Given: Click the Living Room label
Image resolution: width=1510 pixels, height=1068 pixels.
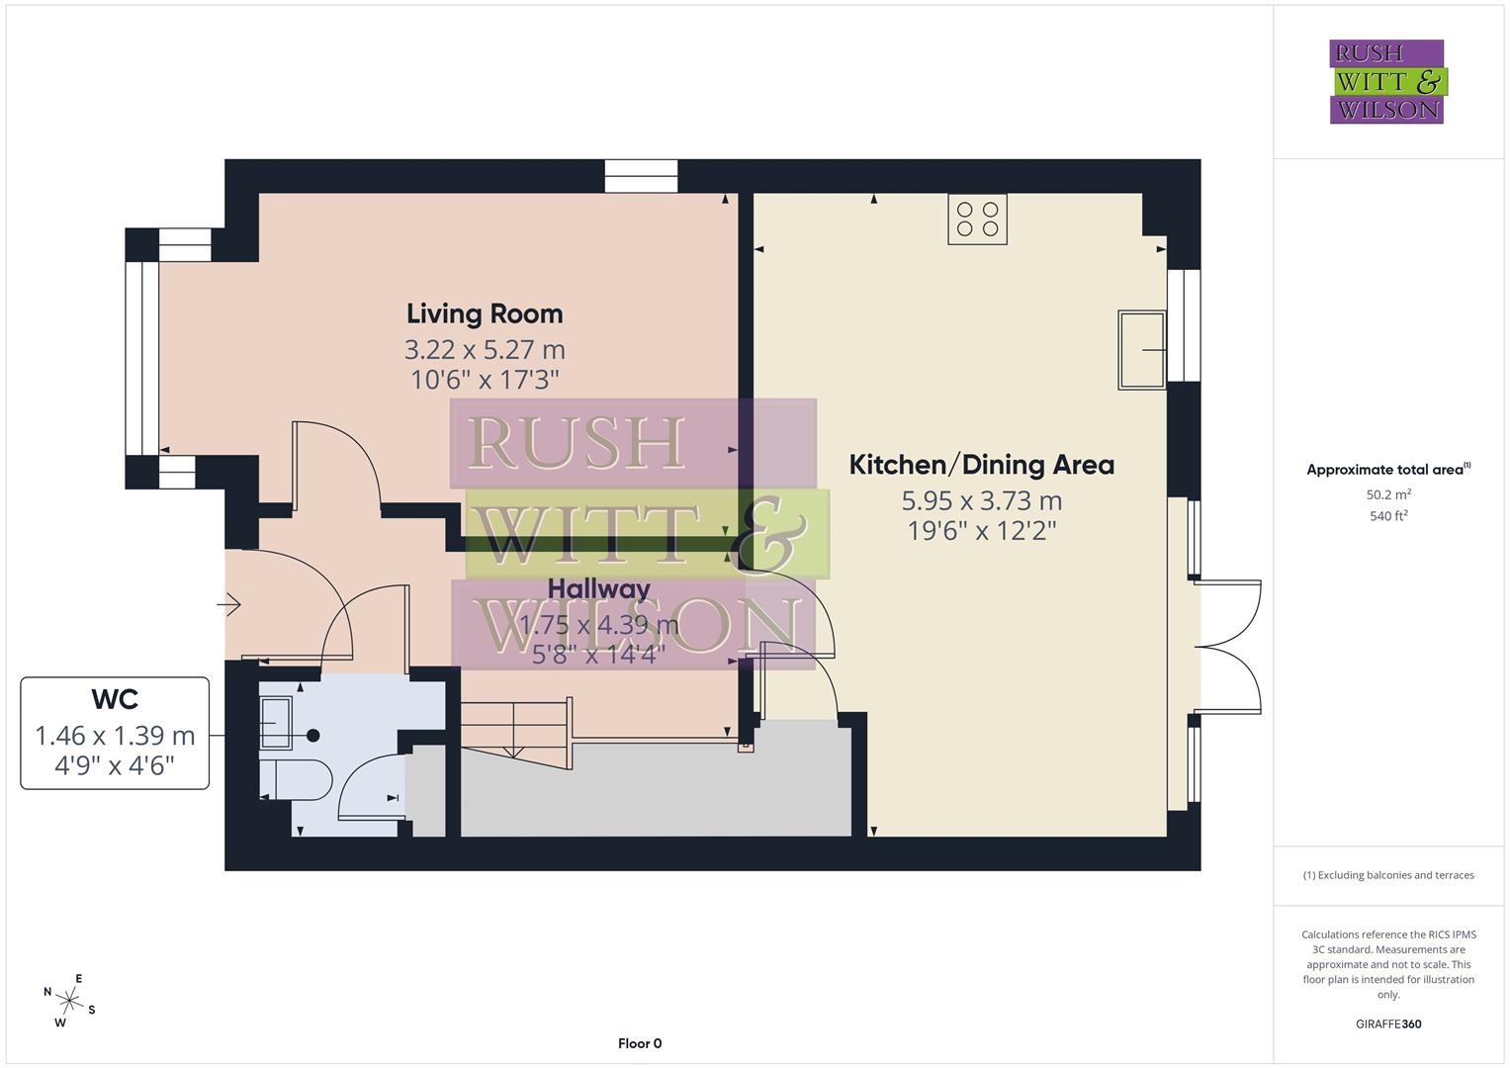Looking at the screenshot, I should pyautogui.click(x=485, y=314).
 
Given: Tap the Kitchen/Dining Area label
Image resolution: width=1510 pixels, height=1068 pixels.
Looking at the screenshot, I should pyautogui.click(x=981, y=465).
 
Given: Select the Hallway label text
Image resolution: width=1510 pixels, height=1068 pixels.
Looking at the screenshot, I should pyautogui.click(x=598, y=589).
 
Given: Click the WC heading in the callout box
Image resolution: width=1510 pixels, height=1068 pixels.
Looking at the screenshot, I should pyautogui.click(x=115, y=699).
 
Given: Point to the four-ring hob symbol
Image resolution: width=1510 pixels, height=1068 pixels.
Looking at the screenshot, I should pyautogui.click(x=977, y=220).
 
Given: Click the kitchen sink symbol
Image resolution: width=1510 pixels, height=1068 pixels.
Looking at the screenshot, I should pyautogui.click(x=1142, y=350).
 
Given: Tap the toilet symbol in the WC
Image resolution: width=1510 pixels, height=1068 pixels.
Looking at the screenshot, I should pyautogui.click(x=297, y=780).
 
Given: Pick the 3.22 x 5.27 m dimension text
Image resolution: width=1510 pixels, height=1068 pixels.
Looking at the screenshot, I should pyautogui.click(x=485, y=350).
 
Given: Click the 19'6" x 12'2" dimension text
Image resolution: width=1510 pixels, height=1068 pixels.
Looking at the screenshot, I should pyautogui.click(x=981, y=531).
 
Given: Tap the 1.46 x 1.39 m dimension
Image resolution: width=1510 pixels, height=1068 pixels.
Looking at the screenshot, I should pyautogui.click(x=115, y=736).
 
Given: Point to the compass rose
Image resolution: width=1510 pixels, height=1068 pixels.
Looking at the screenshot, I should pyautogui.click(x=68, y=1000).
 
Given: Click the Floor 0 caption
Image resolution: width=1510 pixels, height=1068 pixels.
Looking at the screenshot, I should pyautogui.click(x=639, y=1043).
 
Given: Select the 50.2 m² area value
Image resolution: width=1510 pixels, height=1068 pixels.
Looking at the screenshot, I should pyautogui.click(x=1387, y=494).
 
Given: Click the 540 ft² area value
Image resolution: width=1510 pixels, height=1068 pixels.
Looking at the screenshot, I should pyautogui.click(x=1387, y=515).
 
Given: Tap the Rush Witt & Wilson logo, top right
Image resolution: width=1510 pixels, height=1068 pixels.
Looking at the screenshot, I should pyautogui.click(x=1386, y=81).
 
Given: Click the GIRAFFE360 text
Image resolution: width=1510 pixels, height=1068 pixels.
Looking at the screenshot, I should pyautogui.click(x=1387, y=1023).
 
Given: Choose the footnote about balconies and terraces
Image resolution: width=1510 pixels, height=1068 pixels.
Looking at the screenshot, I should pyautogui.click(x=1387, y=875).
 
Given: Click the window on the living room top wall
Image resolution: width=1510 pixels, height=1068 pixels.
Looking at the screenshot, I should pyautogui.click(x=641, y=176).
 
